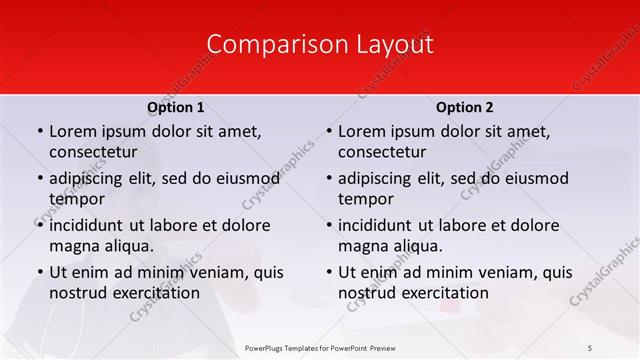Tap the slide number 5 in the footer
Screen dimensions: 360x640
[590, 347]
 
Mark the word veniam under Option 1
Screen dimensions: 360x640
[214, 272]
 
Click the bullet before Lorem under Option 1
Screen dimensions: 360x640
[38, 132]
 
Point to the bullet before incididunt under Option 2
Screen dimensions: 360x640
[327, 226]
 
